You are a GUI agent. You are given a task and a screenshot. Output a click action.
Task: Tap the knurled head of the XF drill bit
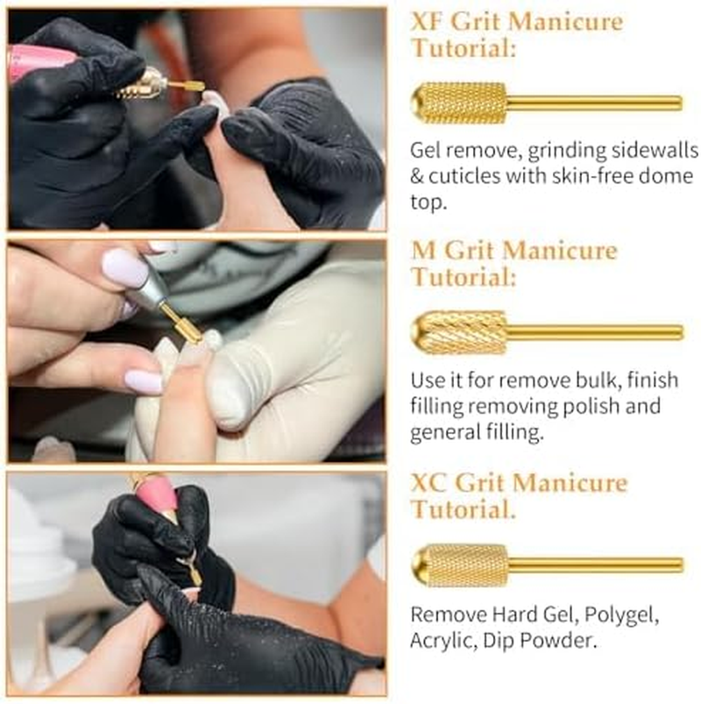tap(459, 103)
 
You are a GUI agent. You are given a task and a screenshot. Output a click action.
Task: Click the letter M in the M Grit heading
tap(423, 251)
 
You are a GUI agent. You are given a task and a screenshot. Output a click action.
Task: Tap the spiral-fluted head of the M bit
tap(459, 332)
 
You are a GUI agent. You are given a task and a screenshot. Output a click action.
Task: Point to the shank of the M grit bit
tap(594, 332)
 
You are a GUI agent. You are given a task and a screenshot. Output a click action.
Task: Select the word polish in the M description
tap(590, 406)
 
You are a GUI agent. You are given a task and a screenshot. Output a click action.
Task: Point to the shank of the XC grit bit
tap(595, 565)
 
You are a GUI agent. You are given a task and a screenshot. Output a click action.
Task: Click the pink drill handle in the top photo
tap(39, 64)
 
